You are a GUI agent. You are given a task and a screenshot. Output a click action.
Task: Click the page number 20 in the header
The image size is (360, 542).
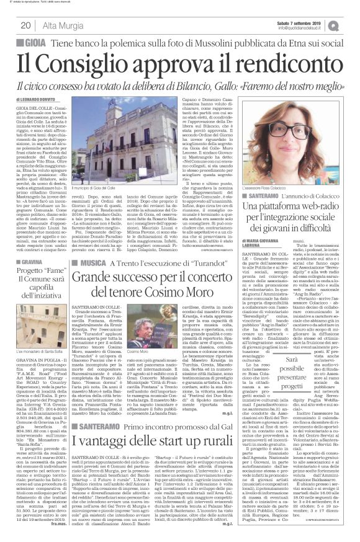coord(26,25)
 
